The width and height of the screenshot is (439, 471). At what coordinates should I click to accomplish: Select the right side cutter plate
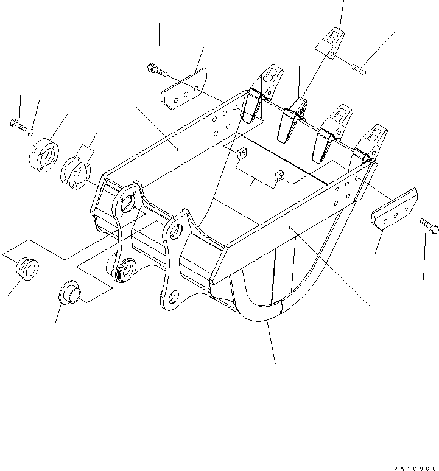(394, 209)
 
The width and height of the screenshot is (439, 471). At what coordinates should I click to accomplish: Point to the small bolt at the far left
(17, 125)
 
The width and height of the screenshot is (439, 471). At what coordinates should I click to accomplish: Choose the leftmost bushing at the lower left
(25, 269)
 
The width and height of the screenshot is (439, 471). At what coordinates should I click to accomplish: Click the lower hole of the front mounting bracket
(173, 298)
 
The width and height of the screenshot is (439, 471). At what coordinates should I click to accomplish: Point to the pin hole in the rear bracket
(127, 205)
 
